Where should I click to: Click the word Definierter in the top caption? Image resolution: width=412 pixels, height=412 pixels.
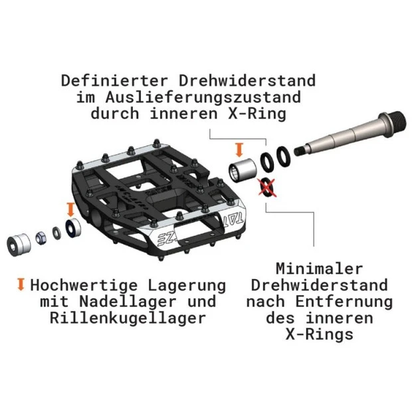pyautogui.click(x=114, y=80)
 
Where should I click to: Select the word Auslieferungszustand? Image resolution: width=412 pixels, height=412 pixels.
pyautogui.click(x=203, y=98)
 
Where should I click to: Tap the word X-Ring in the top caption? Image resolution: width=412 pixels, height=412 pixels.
pyautogui.click(x=257, y=114)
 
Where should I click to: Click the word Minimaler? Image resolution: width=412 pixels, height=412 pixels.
pyautogui.click(x=319, y=269)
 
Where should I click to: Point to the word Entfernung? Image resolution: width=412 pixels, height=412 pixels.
pyautogui.click(x=344, y=302)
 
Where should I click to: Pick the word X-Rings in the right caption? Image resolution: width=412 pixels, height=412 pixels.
pyautogui.click(x=319, y=334)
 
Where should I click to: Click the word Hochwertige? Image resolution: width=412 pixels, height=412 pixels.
pyautogui.click(x=84, y=286)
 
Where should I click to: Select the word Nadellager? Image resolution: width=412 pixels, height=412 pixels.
pyautogui.click(x=128, y=302)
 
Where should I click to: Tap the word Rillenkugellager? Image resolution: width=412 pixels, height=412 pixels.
pyautogui.click(x=128, y=318)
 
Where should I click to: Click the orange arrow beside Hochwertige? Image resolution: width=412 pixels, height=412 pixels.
pyautogui.click(x=21, y=284)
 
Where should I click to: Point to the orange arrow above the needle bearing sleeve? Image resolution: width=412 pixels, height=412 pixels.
pyautogui.click(x=239, y=150)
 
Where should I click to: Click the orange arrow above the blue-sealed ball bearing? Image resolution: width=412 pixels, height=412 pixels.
pyautogui.click(x=70, y=209)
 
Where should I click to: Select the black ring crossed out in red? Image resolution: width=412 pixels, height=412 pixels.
pyautogui.click(x=267, y=187)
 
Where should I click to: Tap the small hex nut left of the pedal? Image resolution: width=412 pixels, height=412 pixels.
pyautogui.click(x=41, y=238)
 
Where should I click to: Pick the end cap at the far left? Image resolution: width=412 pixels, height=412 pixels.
pyautogui.click(x=19, y=245)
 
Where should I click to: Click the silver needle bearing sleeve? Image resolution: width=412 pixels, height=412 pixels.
pyautogui.click(x=243, y=169)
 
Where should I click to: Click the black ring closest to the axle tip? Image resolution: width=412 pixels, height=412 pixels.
pyautogui.click(x=284, y=156)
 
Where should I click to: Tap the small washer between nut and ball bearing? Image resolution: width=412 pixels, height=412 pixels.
pyautogui.click(x=56, y=233)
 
